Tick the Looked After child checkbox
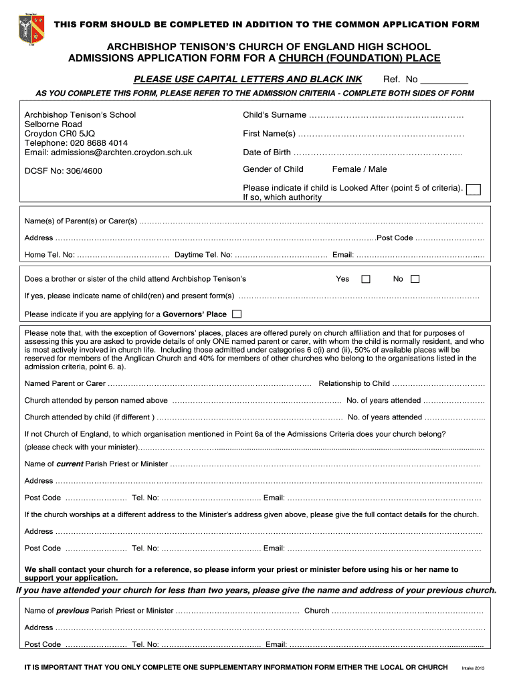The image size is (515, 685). tap(473, 189)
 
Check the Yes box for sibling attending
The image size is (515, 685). tap(366, 279)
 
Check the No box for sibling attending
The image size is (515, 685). tap(415, 279)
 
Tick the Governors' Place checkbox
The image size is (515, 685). tap(237, 314)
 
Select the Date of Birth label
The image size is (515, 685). tap(267, 153)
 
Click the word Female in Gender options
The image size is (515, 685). tap(346, 169)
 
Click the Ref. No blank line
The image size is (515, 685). tap(445, 80)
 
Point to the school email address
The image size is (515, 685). tap(108, 153)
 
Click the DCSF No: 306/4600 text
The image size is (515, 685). tap(64, 171)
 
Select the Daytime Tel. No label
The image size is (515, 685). tap(203, 255)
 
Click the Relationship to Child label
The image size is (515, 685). tap(354, 384)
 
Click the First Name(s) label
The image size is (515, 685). tap(269, 134)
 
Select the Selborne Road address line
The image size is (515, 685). tap(54, 124)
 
